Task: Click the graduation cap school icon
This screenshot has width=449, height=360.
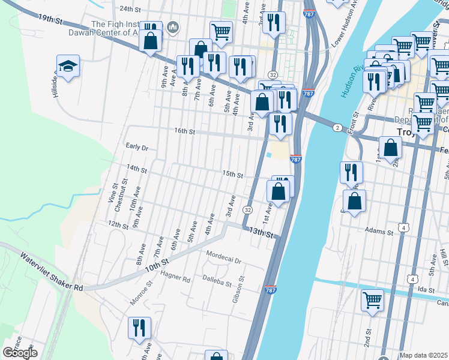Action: (x=68, y=67)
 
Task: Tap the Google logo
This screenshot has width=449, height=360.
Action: (x=20, y=353)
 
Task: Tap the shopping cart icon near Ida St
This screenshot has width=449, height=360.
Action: (x=372, y=300)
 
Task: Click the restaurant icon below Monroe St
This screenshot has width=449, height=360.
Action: (x=139, y=329)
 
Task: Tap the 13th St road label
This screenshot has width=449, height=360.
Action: (x=261, y=233)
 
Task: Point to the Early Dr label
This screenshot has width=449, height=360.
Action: (x=137, y=147)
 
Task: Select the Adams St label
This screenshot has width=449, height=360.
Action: (x=378, y=230)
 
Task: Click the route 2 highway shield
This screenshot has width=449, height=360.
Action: (x=338, y=127)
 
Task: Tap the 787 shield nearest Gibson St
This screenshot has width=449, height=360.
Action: (x=270, y=290)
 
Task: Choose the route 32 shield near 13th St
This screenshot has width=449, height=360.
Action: (x=247, y=210)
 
